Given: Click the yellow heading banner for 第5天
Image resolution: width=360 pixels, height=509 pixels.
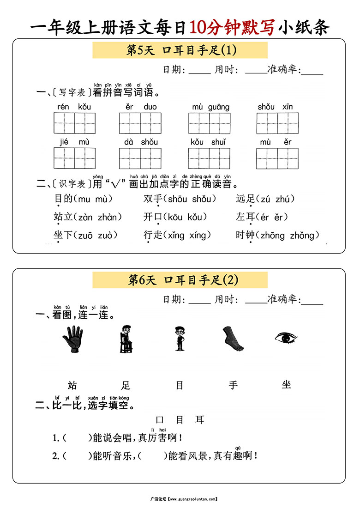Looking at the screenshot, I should (x=180, y=50).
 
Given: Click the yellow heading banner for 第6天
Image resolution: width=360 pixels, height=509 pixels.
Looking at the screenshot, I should (x=180, y=280).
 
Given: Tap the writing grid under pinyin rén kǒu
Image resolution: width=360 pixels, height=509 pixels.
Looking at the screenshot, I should (x=74, y=123).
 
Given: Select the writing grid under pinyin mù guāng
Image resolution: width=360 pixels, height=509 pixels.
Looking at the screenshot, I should (x=209, y=123).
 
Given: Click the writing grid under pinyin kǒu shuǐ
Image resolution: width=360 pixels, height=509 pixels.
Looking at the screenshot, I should (x=209, y=158).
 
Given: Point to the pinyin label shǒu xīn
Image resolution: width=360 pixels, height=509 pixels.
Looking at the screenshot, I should (x=275, y=107).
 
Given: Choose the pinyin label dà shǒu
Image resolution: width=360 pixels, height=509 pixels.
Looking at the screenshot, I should (x=141, y=142).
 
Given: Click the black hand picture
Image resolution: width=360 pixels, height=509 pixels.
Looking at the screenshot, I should (x=72, y=339).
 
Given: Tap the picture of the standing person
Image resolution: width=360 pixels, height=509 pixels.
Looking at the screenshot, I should (x=179, y=339).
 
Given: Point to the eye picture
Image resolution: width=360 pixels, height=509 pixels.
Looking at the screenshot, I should (x=286, y=338).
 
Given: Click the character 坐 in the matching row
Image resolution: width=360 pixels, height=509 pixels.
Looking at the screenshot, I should (x=286, y=385).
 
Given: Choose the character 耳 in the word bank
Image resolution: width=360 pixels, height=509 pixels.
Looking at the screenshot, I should (x=199, y=420).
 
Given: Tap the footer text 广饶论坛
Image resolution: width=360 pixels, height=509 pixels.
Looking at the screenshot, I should (x=157, y=499).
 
